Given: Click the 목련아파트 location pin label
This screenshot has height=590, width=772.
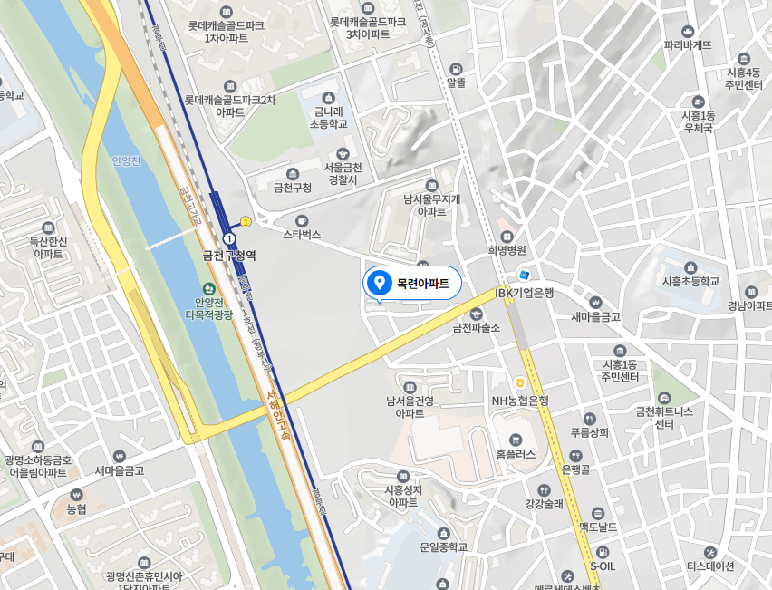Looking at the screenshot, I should point(422,284).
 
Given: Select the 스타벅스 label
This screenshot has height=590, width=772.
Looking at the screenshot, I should point(302,233).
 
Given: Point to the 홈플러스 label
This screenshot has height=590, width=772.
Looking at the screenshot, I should point(516,455).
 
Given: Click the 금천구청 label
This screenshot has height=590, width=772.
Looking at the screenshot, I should point(292,187).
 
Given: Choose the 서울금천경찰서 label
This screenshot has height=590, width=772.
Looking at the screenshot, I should point(342,173).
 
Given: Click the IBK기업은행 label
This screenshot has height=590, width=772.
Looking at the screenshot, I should point(524,293).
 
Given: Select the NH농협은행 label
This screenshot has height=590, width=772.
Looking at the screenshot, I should point(520,400).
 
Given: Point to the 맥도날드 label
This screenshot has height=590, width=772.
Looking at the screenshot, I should point(597,526).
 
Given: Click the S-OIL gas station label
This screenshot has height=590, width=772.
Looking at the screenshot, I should point(603,566).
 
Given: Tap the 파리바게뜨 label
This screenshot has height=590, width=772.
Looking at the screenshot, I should point(688,44).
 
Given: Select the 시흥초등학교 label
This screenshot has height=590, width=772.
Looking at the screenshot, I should point(690,281).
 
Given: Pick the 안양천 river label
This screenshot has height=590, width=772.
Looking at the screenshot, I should point(127,161).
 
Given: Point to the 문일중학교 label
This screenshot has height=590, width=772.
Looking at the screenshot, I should point(443,547).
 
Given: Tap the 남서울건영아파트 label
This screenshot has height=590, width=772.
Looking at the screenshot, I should point(410,406).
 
